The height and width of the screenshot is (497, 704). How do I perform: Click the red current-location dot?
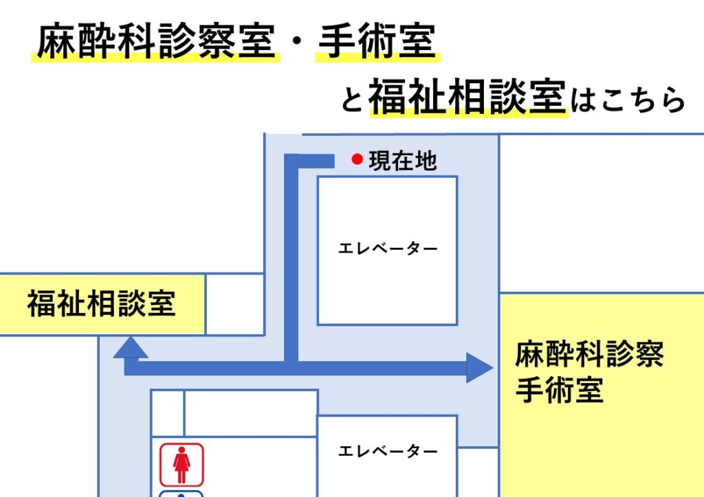[x=357, y=159]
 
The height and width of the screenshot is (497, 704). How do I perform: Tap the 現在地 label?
[x=402, y=161]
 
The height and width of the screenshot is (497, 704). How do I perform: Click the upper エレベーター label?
[x=388, y=248]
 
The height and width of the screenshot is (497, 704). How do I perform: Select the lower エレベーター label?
[x=388, y=451]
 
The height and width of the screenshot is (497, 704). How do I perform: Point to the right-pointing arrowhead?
[x=479, y=368]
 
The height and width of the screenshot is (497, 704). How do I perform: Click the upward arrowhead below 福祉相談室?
[x=130, y=347]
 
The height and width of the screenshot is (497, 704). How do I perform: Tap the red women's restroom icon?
[x=181, y=465]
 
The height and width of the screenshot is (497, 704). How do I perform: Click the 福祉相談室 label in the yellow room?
[x=102, y=303]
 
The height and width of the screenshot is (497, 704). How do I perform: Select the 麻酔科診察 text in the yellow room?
[x=589, y=354]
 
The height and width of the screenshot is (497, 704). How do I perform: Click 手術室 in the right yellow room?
[x=560, y=389]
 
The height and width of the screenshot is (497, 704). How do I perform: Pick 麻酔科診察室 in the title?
[x=156, y=41]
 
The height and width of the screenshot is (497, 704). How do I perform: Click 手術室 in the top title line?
[x=377, y=41]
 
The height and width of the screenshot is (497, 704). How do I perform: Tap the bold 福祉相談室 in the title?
[x=467, y=96]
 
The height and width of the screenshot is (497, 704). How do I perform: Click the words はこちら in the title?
[x=628, y=100]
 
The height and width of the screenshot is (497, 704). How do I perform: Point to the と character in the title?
[x=352, y=100]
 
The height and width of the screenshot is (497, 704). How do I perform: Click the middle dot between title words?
[x=296, y=42]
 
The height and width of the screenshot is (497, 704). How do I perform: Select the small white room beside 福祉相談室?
[x=235, y=304]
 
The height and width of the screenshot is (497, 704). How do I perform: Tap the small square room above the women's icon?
[x=168, y=413]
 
